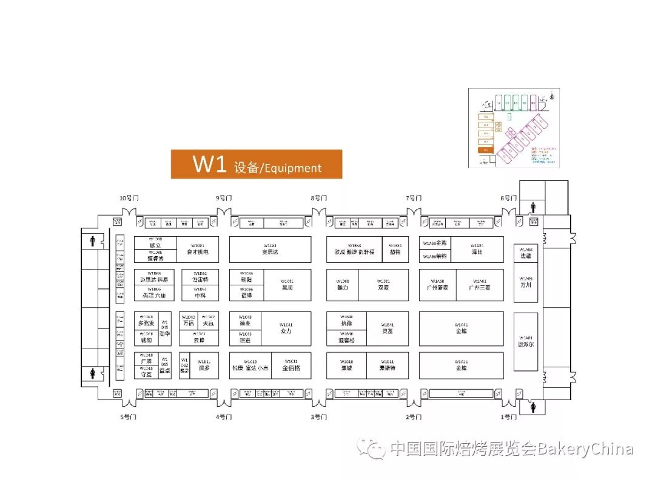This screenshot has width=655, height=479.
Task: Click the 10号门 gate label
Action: tap(129, 198)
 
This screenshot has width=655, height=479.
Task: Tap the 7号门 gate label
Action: tap(414, 198)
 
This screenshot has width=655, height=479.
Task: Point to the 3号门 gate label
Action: tap(319, 417)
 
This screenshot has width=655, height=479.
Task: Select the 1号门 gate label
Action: tap(508, 417)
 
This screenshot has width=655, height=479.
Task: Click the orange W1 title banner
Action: tap(256, 165)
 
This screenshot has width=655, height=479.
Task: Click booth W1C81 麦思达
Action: tap(270, 249)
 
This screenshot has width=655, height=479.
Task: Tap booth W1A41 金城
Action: tap(461, 328)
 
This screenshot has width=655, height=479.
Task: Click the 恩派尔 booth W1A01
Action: tap(525, 341)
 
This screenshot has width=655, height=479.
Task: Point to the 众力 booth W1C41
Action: tap(286, 328)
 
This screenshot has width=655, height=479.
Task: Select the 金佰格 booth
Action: tap(291, 365)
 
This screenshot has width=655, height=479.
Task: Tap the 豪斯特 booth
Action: tap(388, 365)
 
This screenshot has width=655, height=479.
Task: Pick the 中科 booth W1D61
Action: tap(200, 293)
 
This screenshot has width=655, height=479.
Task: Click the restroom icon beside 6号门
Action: tap(533, 208)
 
